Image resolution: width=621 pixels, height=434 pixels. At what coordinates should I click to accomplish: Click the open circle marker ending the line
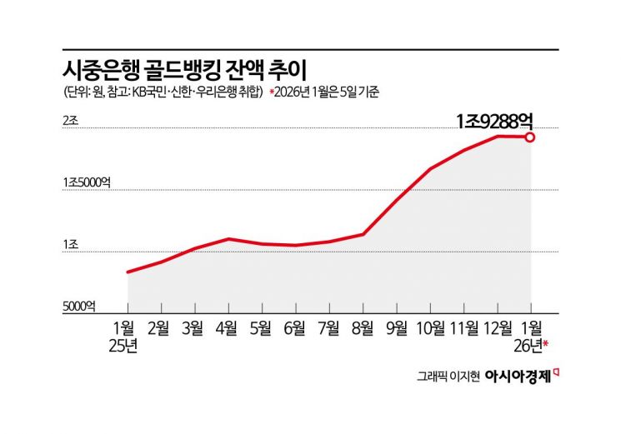[x=529, y=137]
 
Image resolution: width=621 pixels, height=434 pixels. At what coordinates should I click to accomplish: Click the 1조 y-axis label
[x=70, y=245]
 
